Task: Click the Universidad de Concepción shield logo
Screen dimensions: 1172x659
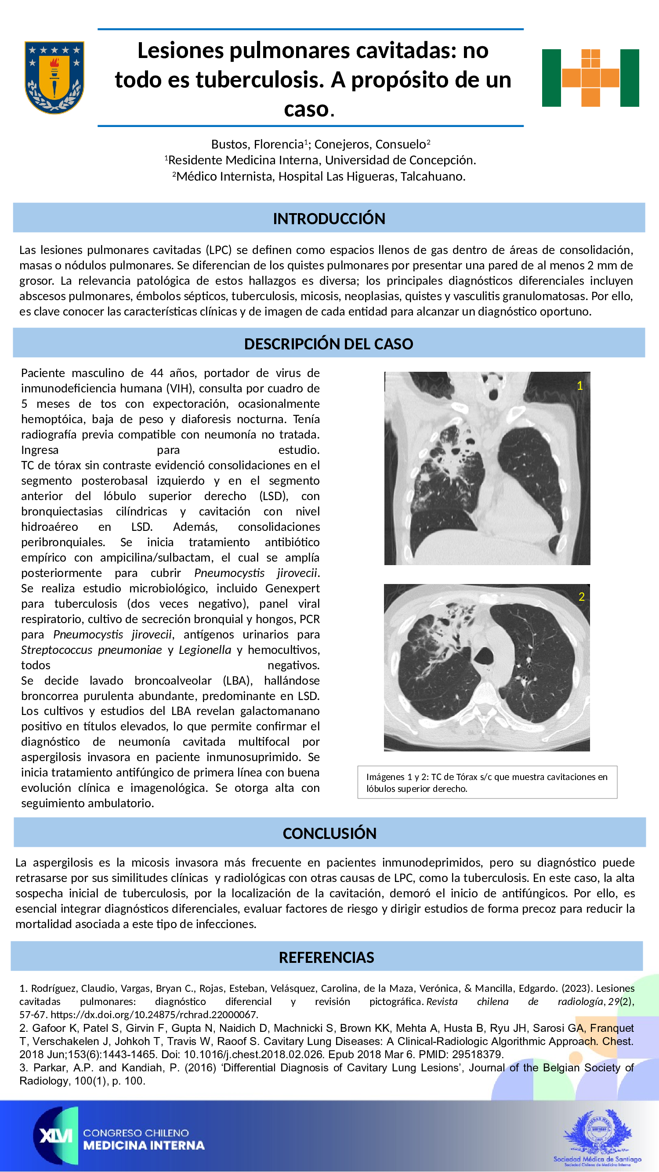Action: [54, 77]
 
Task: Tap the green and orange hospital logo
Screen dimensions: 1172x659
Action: [590, 78]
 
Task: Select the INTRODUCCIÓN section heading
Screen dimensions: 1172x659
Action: [329, 218]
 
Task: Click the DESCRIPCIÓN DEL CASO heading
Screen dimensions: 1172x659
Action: [328, 344]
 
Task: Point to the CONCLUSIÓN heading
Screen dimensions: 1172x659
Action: [329, 833]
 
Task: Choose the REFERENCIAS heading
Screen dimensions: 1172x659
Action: [326, 957]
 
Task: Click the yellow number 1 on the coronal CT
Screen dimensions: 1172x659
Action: [579, 386]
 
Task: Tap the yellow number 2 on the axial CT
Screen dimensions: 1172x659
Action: [581, 597]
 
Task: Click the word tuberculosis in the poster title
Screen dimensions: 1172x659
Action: [259, 80]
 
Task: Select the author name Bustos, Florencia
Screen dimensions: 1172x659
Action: [257, 145]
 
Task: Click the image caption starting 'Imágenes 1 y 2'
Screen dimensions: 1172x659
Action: [487, 783]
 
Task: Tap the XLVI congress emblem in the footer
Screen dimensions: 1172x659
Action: [55, 1136]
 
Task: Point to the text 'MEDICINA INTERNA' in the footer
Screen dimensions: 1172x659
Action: [144, 1146]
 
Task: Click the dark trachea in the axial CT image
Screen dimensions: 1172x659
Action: [483, 656]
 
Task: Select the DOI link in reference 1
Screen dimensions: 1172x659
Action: [154, 1015]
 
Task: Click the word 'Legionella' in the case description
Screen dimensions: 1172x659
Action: [205, 649]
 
